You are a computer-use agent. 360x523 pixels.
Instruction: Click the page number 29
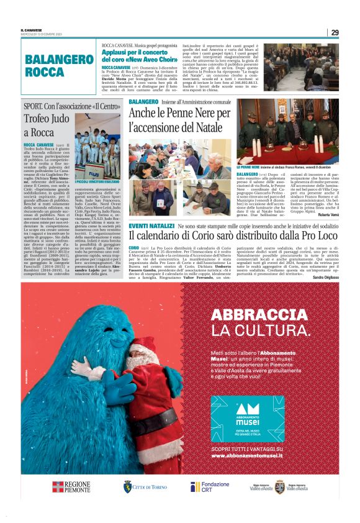pos(335,32)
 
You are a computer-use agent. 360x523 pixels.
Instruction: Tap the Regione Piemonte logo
pos(71,487)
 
